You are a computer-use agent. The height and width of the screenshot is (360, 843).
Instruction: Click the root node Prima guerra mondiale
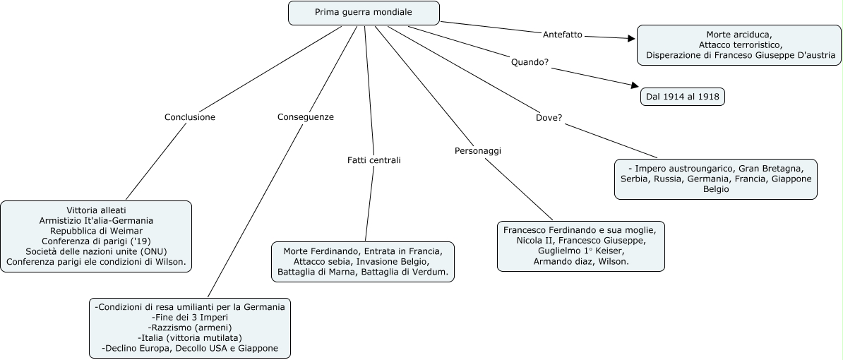(364, 13)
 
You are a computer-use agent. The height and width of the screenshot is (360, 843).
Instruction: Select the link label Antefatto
(563, 35)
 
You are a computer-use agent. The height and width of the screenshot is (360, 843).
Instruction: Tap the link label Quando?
(530, 62)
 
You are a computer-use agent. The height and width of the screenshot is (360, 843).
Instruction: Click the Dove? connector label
(549, 117)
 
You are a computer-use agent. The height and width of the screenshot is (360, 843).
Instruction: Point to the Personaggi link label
(482, 150)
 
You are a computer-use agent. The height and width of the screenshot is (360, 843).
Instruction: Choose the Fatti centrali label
(373, 160)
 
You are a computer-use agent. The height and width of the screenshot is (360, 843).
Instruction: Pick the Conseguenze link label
(306, 117)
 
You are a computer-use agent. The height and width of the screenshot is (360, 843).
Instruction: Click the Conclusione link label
(190, 117)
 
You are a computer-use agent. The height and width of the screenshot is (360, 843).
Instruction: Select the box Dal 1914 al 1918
(683, 96)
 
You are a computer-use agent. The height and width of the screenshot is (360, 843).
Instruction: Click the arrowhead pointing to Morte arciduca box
(631, 39)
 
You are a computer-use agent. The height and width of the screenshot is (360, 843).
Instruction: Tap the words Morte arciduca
(739, 35)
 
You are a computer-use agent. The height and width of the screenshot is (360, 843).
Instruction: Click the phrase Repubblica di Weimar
(96, 231)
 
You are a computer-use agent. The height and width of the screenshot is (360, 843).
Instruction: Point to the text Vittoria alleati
(96, 210)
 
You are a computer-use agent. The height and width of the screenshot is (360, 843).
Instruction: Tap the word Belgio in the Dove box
(716, 189)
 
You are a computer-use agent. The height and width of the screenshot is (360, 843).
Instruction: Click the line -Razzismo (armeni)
(190, 328)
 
